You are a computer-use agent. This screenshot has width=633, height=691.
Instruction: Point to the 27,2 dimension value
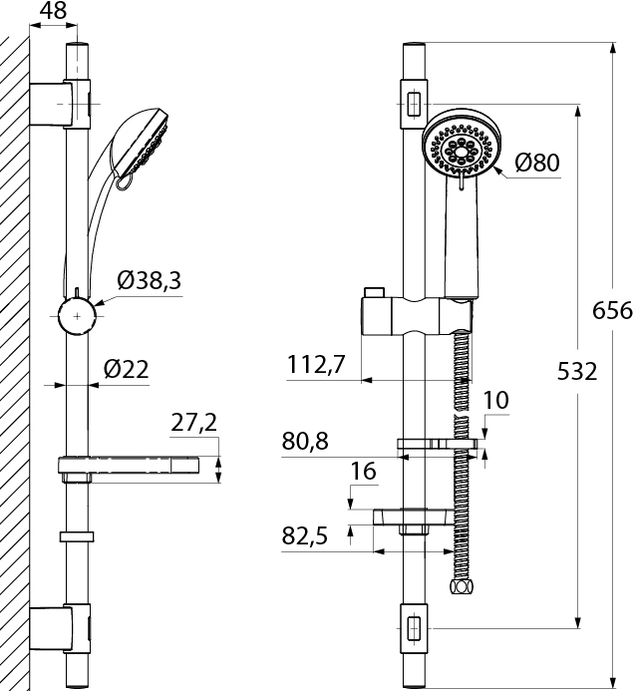193,424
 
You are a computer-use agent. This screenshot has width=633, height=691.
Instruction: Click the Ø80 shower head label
538,163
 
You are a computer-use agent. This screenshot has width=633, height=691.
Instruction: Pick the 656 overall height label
612,311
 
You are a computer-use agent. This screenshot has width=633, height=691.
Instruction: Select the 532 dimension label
577,372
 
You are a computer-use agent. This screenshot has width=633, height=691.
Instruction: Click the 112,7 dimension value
315,366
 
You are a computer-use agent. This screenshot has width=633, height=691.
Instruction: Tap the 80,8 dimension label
305,440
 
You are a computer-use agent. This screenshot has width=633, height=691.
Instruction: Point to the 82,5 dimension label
304,536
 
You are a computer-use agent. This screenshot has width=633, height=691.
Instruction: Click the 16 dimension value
364,472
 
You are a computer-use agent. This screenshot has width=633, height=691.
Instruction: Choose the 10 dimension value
495,401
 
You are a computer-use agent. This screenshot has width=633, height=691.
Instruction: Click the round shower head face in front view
459,151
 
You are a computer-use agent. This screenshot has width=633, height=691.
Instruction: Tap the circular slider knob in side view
78,318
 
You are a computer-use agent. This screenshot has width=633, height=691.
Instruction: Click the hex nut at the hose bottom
461,589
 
